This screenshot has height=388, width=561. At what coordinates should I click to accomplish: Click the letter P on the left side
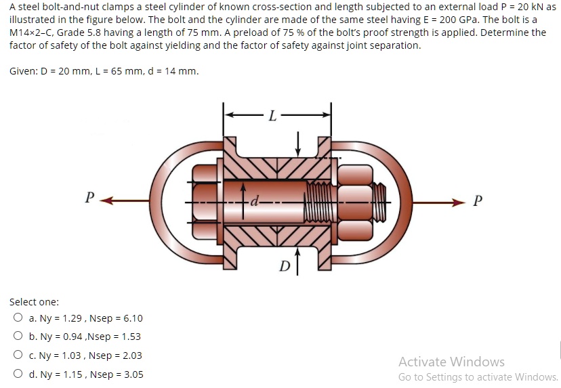(x=89, y=198)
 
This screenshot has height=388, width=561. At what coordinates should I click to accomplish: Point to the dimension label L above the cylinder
(x=272, y=116)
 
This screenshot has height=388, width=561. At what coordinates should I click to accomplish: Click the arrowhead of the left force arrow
(x=108, y=200)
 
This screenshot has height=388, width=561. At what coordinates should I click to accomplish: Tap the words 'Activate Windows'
(x=451, y=362)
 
